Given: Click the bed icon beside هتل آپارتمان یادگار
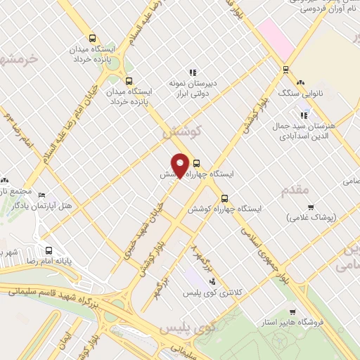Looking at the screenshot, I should click(41, 195).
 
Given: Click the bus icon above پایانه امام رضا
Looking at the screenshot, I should click(49, 250).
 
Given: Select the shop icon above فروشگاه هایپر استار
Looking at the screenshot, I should click(292, 312).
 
